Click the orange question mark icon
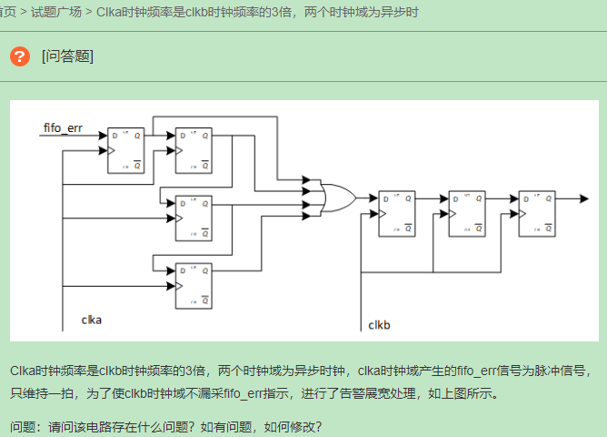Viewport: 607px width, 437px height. (x=20, y=56)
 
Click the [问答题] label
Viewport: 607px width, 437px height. (x=67, y=56)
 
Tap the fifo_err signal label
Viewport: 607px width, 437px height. (x=63, y=128)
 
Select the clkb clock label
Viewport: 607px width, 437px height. (x=379, y=325)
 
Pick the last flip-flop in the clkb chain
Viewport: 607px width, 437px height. (x=536, y=213)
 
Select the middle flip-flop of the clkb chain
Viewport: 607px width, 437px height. (x=467, y=213)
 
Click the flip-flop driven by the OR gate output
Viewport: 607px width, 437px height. (x=397, y=213)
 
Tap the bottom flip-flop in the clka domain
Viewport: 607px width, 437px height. (x=194, y=284)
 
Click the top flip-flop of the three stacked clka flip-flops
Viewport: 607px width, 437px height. (x=194, y=149)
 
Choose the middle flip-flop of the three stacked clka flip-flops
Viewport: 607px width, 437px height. (x=194, y=216)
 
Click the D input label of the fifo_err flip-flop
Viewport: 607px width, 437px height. (x=114, y=136)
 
